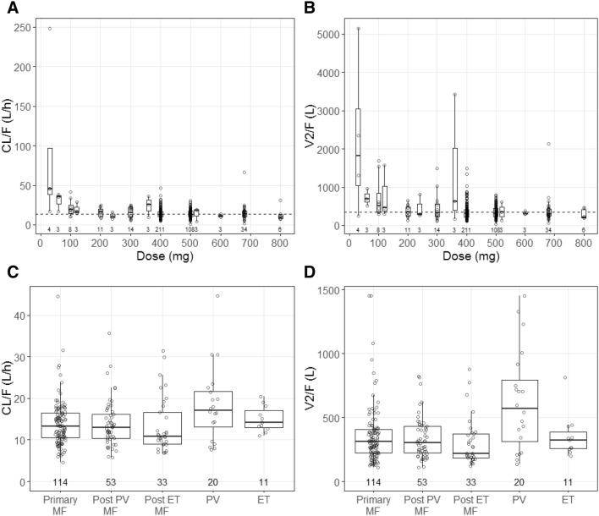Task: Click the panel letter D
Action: pyautogui.click(x=313, y=272)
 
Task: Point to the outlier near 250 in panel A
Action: pyautogui.click(x=49, y=29)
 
